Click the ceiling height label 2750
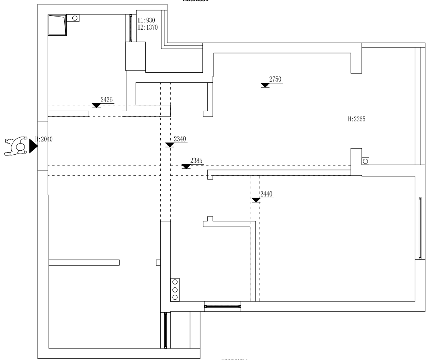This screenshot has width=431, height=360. [x=275, y=79]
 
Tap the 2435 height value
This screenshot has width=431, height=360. [x=106, y=99]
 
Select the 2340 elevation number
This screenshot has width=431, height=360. [x=180, y=139]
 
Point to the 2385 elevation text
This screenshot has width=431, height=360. [x=196, y=160]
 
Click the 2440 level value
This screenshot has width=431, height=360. [x=266, y=194]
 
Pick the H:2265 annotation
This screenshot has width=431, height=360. [x=356, y=119]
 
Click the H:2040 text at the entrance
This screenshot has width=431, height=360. [x=44, y=139]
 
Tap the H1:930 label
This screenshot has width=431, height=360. [x=146, y=20]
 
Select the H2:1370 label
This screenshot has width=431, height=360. [x=147, y=27]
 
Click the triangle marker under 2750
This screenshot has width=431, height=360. [x=265, y=85]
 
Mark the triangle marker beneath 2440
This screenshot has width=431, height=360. [x=255, y=200]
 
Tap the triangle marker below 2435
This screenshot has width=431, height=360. [x=96, y=106]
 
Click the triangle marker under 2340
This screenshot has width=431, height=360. [x=170, y=145]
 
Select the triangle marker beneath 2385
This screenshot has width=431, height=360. [x=186, y=166]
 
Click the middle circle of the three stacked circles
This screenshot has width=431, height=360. [x=175, y=290]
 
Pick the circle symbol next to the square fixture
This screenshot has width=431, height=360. [x=74, y=18]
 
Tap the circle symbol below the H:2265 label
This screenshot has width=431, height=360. [x=365, y=161]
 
